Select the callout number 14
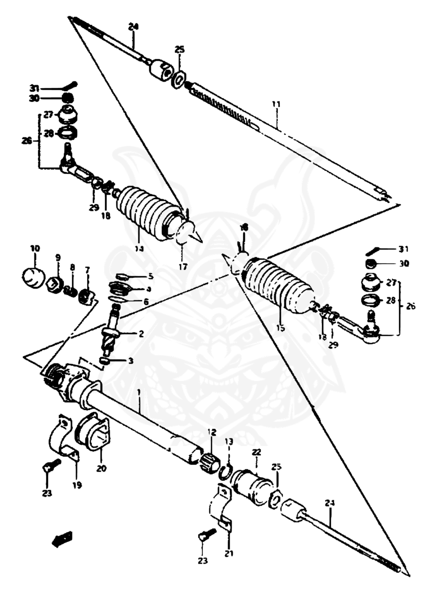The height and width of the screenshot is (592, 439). pyautogui.click(x=139, y=248)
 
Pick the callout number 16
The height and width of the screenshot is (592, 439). pyautogui.click(x=244, y=229)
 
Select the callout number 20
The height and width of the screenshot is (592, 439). pyautogui.click(x=102, y=468)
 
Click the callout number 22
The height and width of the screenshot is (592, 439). pyautogui.click(x=257, y=452)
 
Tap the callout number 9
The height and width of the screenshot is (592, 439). pyautogui.click(x=58, y=257)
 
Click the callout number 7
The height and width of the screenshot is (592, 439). pyautogui.click(x=87, y=269)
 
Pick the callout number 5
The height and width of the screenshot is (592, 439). pyautogui.click(x=150, y=276)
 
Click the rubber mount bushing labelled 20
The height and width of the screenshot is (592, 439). pyautogui.click(x=92, y=433)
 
